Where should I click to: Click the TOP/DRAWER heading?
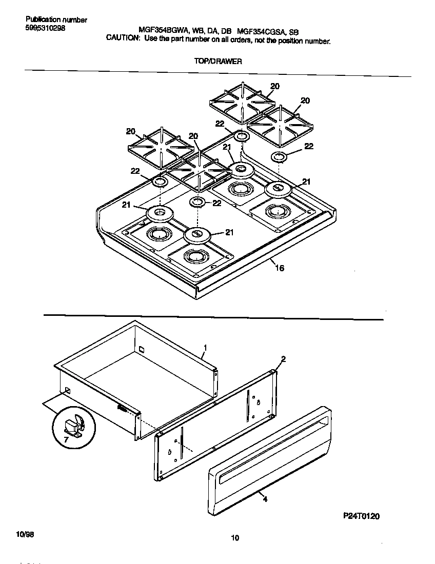pos(218,61)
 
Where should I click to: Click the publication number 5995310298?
pos(45,28)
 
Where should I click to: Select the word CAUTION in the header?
pos(123,38)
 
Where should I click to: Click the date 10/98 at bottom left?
pos(25,534)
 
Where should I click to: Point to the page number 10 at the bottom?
pos(234,538)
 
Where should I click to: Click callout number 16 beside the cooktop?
pos(280,268)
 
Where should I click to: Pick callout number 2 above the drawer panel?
pos(283,359)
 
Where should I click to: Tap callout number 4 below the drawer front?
pos(265,498)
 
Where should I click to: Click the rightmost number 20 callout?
pos(305,101)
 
